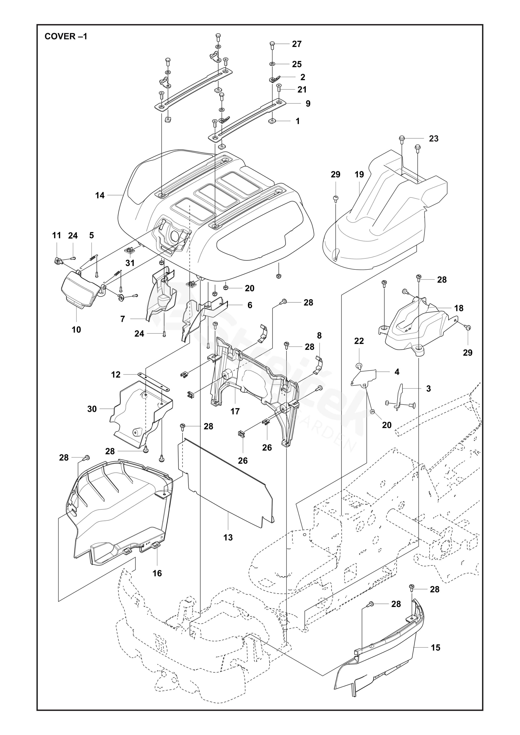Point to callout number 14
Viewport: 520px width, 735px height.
click(100, 195)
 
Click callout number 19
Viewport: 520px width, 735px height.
click(359, 175)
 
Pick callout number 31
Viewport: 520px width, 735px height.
click(130, 263)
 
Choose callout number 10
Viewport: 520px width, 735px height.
click(76, 329)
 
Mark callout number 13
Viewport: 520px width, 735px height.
click(228, 537)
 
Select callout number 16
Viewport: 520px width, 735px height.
click(157, 573)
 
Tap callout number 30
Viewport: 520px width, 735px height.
click(92, 409)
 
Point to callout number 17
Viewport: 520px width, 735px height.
click(235, 411)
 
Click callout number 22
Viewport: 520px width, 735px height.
click(359, 341)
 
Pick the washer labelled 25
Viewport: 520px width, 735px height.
click(272, 64)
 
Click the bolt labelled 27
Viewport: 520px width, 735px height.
click(272, 45)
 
